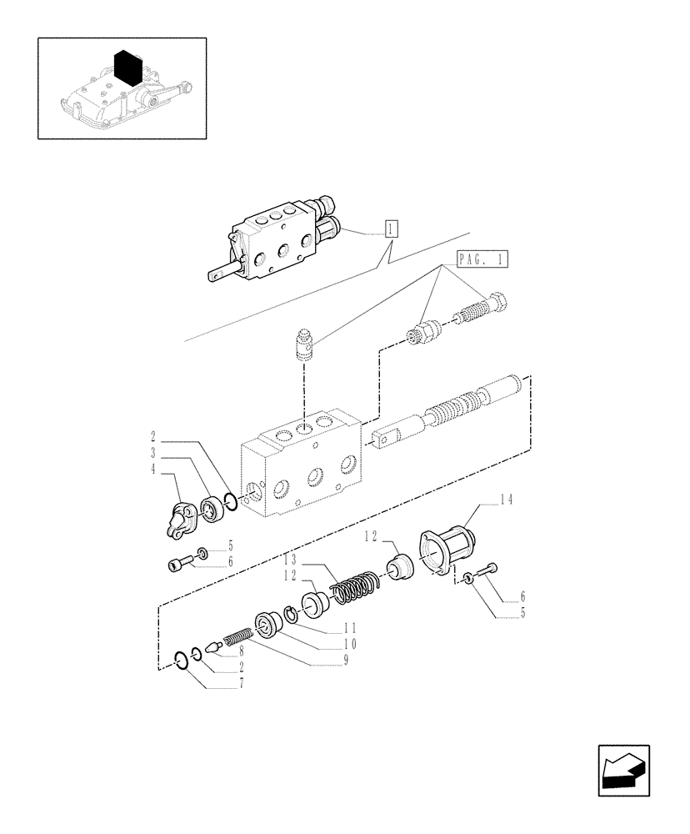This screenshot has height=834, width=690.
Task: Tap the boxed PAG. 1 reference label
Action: (x=482, y=260)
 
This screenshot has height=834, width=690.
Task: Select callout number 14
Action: (x=506, y=500)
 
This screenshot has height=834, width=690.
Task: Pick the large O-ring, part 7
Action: (x=182, y=661)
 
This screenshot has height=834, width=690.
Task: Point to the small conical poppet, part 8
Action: (x=211, y=646)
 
